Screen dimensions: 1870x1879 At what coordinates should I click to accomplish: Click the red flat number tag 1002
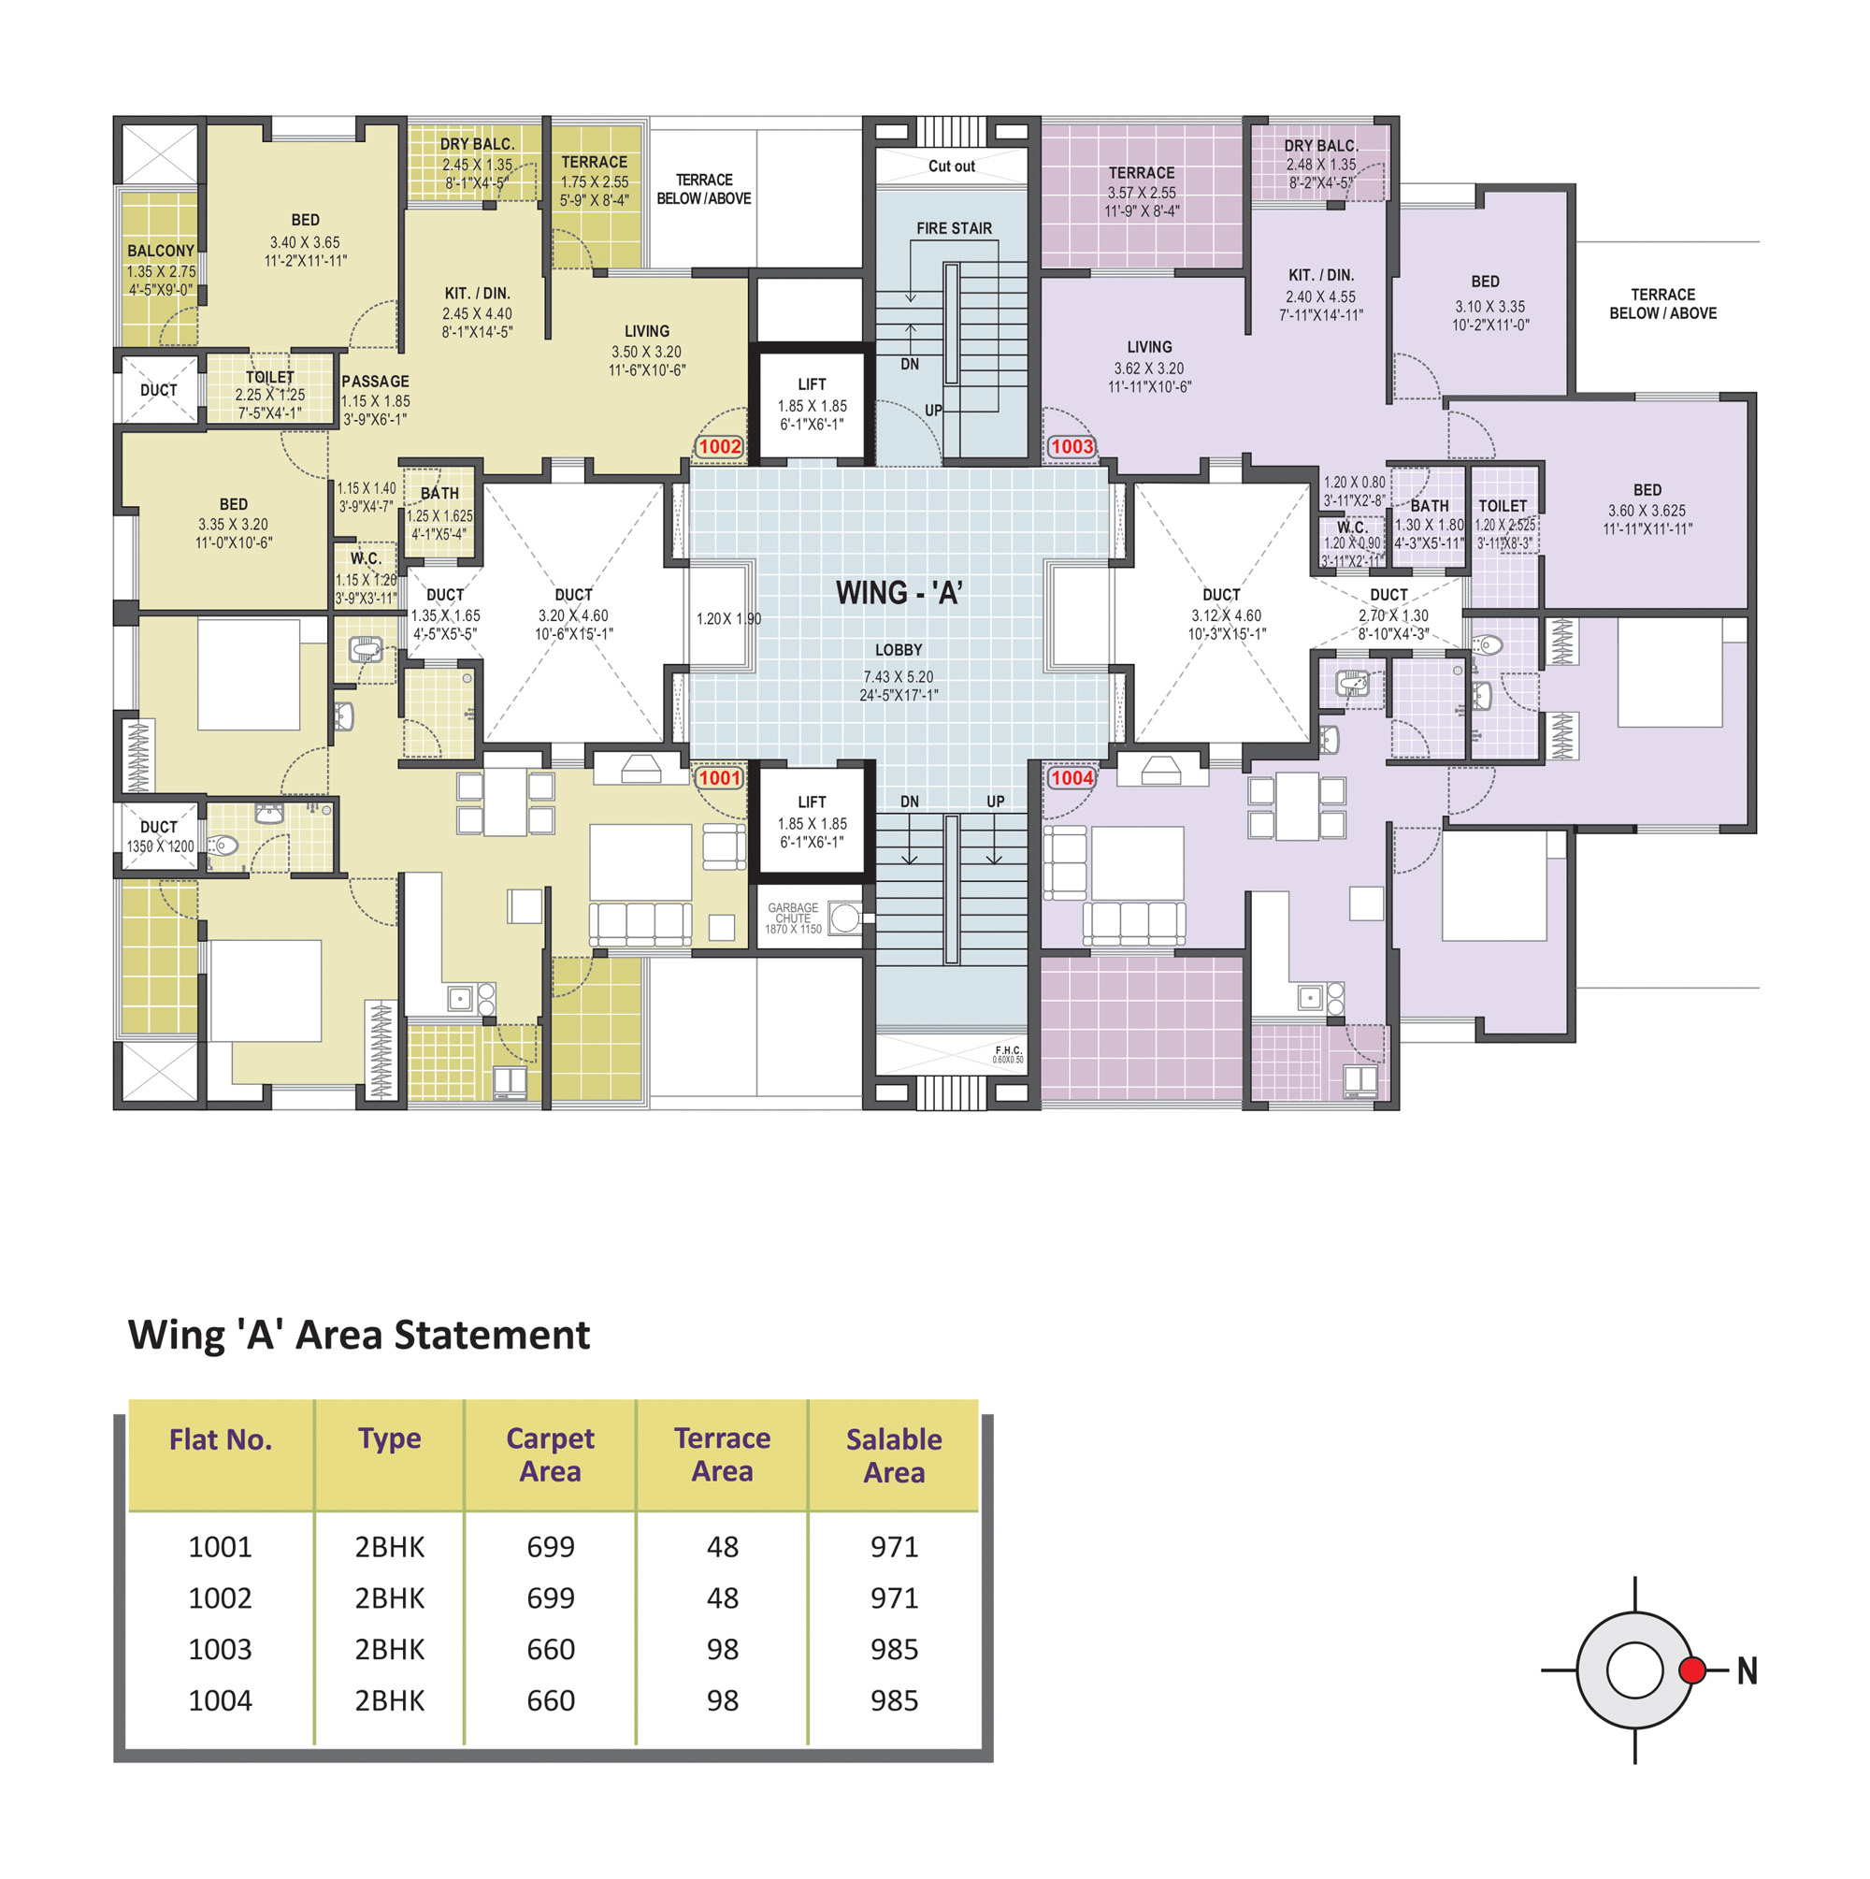[720, 446]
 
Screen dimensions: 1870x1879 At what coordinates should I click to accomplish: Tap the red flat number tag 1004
[1072, 778]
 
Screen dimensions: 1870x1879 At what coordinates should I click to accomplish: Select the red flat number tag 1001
[720, 778]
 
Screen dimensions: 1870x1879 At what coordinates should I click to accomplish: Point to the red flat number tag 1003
[1072, 446]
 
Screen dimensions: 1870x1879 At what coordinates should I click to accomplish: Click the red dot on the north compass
[1692, 1670]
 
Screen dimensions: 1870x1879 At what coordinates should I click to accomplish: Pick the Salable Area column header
[894, 1456]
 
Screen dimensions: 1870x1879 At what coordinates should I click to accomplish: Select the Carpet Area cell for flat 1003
[551, 1650]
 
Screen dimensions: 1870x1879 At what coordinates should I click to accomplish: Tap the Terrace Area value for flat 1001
[723, 1546]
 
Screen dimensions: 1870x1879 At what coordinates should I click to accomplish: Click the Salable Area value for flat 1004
[894, 1701]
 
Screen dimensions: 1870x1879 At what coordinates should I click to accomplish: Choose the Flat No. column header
[221, 1439]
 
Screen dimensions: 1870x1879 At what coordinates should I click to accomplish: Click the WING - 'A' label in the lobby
[899, 593]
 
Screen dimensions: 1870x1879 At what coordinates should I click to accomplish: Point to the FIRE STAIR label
[954, 228]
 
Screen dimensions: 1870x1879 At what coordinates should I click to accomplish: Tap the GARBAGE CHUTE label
[794, 913]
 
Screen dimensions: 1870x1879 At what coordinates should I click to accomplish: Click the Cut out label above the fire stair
[951, 166]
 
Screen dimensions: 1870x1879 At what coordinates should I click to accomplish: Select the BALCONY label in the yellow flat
[162, 251]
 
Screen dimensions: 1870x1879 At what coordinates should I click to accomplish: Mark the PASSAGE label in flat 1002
[375, 382]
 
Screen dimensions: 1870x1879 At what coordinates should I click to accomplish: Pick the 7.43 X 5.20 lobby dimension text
[899, 677]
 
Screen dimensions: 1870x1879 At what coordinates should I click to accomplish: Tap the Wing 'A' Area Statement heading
[359, 1335]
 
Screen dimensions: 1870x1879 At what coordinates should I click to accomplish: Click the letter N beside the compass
[1748, 1670]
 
